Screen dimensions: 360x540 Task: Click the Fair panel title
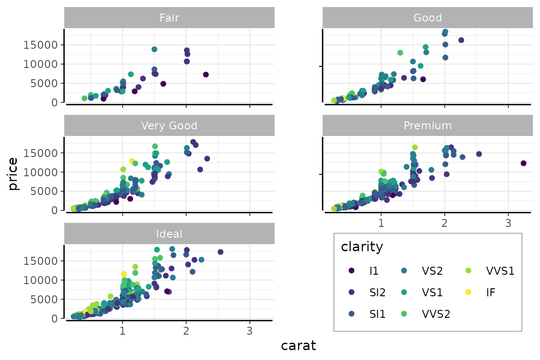pyautogui.click(x=169, y=18)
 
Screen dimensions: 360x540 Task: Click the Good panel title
pyautogui.click(x=427, y=18)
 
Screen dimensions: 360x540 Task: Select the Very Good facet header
pyautogui.click(x=169, y=126)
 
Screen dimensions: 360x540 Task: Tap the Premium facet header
pyautogui.click(x=427, y=126)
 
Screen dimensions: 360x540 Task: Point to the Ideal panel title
pyautogui.click(x=169, y=233)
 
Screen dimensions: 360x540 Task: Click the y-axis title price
pyautogui.click(x=13, y=173)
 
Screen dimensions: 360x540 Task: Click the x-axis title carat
pyautogui.click(x=298, y=346)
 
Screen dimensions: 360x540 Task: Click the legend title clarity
pyautogui.click(x=362, y=246)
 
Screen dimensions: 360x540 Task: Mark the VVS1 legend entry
pyautogui.click(x=492, y=270)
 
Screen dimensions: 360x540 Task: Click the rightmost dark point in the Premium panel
pyautogui.click(x=524, y=163)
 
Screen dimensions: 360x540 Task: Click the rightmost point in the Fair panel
pyautogui.click(x=205, y=75)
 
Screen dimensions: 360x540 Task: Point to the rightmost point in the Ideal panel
pyautogui.click(x=220, y=252)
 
